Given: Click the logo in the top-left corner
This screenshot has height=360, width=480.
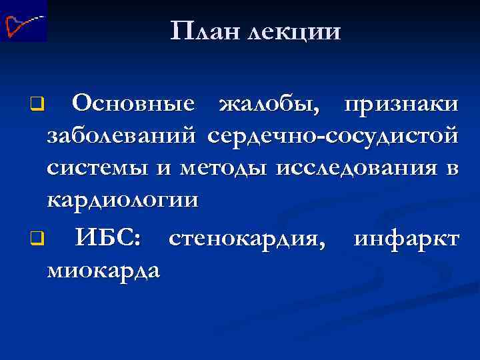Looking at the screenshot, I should click(x=24, y=21).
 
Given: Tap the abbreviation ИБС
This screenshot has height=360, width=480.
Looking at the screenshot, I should click(x=107, y=237).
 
